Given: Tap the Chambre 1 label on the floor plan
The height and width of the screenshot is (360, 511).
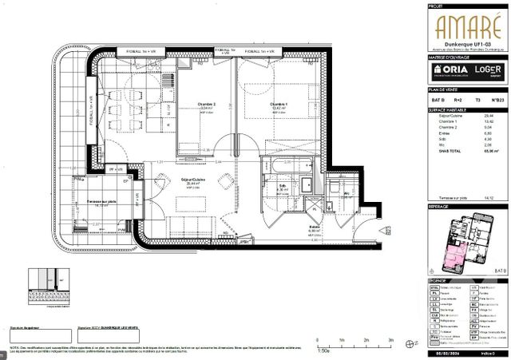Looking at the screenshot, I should [278, 105].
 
